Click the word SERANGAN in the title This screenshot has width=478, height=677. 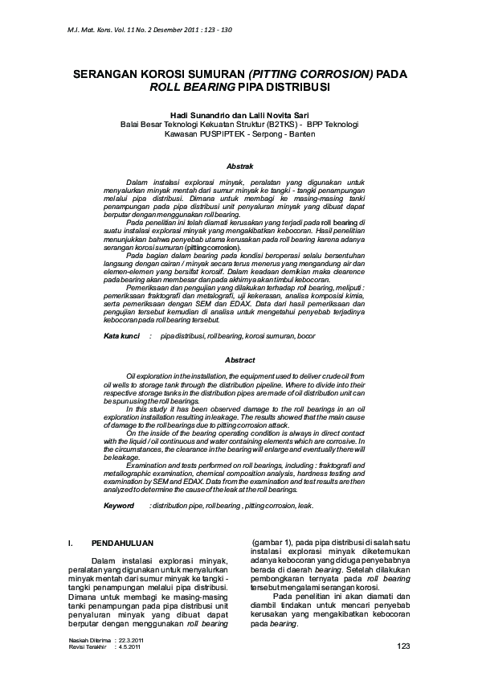[x=106, y=73]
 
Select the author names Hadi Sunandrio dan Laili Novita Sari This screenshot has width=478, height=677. [x=239, y=114]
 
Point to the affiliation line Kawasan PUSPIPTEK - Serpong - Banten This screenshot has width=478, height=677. [x=239, y=134]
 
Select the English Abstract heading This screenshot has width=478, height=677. [x=239, y=360]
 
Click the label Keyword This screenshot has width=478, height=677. [x=119, y=506]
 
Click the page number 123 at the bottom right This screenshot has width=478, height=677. [x=403, y=646]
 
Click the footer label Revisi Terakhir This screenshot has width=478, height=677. [x=88, y=646]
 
